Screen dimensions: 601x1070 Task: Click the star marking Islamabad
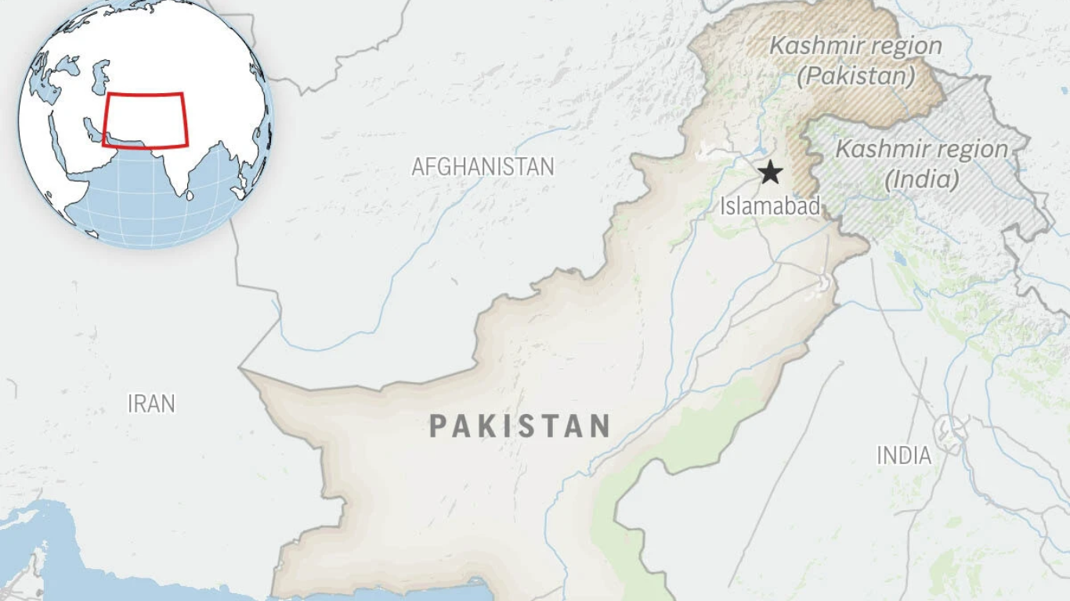tap(772, 173)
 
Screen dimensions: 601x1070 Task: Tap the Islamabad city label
tap(770, 207)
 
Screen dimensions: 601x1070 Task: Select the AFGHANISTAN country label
tap(483, 167)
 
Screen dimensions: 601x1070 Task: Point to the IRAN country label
tap(151, 404)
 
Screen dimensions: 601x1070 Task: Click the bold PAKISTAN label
tap(520, 426)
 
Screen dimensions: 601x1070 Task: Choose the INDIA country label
tap(904, 455)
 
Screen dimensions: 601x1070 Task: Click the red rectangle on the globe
tap(146, 120)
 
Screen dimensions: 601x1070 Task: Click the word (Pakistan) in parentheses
tap(856, 77)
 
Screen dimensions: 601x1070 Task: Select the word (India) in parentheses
tap(922, 180)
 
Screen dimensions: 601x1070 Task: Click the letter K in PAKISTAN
tap(493, 426)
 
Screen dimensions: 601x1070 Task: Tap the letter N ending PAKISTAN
tap(600, 426)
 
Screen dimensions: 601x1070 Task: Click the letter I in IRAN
tap(130, 404)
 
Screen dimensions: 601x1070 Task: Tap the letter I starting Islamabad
tap(723, 207)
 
